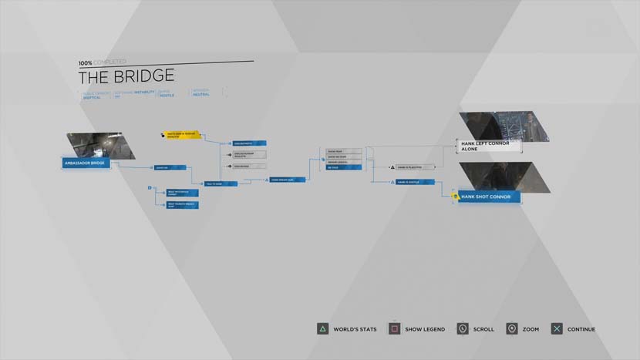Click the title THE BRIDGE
(x=126, y=76)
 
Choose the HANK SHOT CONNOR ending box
(x=489, y=197)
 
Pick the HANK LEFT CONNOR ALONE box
(x=489, y=146)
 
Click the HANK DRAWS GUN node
(x=288, y=180)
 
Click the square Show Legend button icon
(x=394, y=329)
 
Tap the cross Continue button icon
(x=556, y=329)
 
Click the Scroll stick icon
(x=462, y=329)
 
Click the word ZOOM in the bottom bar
(x=531, y=329)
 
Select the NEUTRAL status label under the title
(x=201, y=95)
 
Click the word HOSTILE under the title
(x=167, y=95)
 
